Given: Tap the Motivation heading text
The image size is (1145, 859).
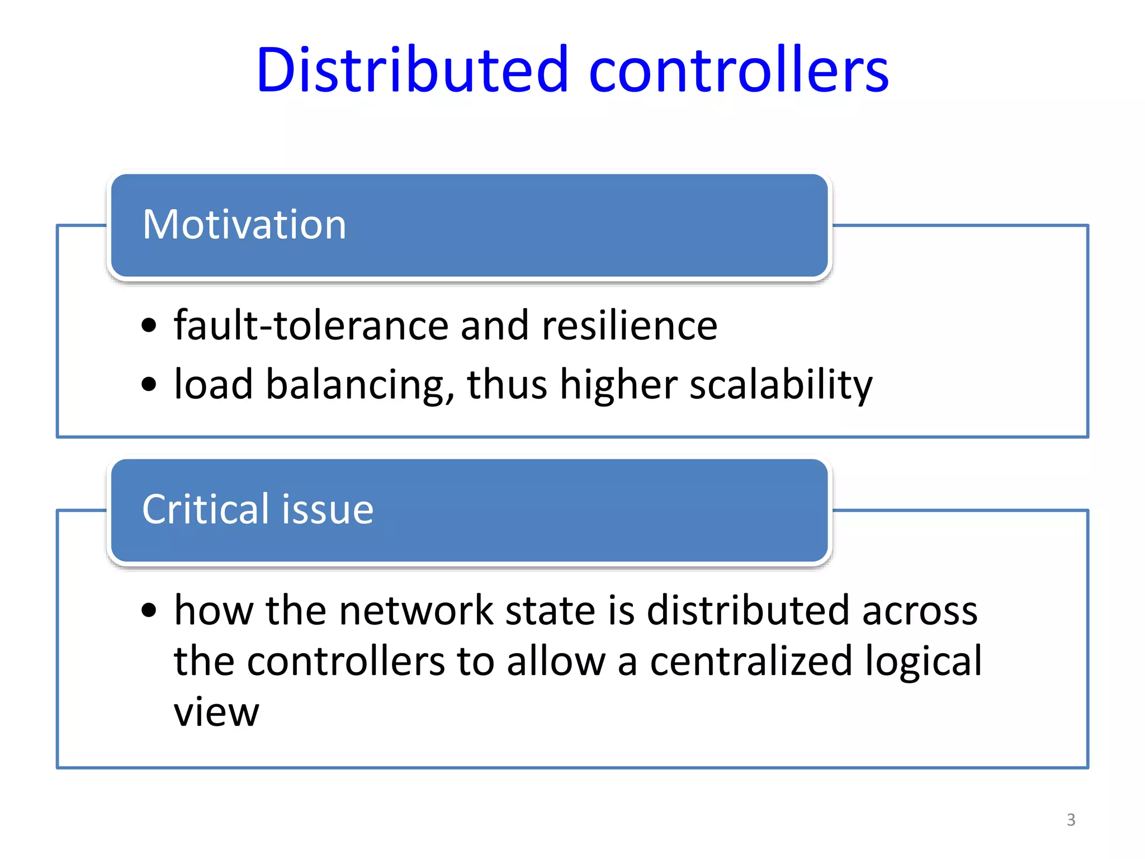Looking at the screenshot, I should coord(244,224).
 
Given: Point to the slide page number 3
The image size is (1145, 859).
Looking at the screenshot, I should coord(1071,820).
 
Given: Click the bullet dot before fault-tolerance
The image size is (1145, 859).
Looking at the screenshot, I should coord(149,325).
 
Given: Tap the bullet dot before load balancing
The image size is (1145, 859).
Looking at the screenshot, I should coord(149,385).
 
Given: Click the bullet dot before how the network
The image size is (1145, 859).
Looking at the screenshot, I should coord(149,610).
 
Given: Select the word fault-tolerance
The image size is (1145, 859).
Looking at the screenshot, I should coord(310,325).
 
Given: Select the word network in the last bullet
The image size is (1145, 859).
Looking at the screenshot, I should coord(416,610).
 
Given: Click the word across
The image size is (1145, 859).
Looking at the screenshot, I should coord(920,611).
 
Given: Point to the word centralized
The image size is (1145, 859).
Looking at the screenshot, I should coord(751,661).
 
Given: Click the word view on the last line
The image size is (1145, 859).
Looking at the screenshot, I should coord(216,712).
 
